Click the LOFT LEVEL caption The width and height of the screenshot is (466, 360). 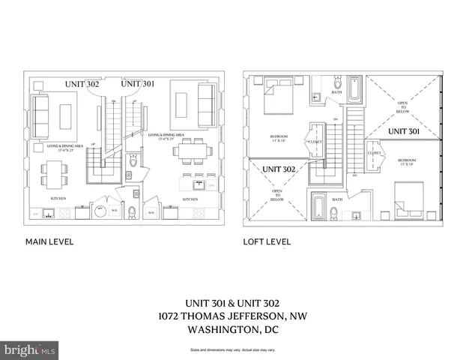(267, 242)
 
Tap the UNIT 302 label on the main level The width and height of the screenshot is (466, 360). (82, 84)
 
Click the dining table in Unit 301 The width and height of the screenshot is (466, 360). (187, 155)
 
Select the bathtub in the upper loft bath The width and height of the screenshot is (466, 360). (353, 90)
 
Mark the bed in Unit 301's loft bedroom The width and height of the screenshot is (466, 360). (407, 207)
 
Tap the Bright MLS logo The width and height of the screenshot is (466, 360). (29, 349)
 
